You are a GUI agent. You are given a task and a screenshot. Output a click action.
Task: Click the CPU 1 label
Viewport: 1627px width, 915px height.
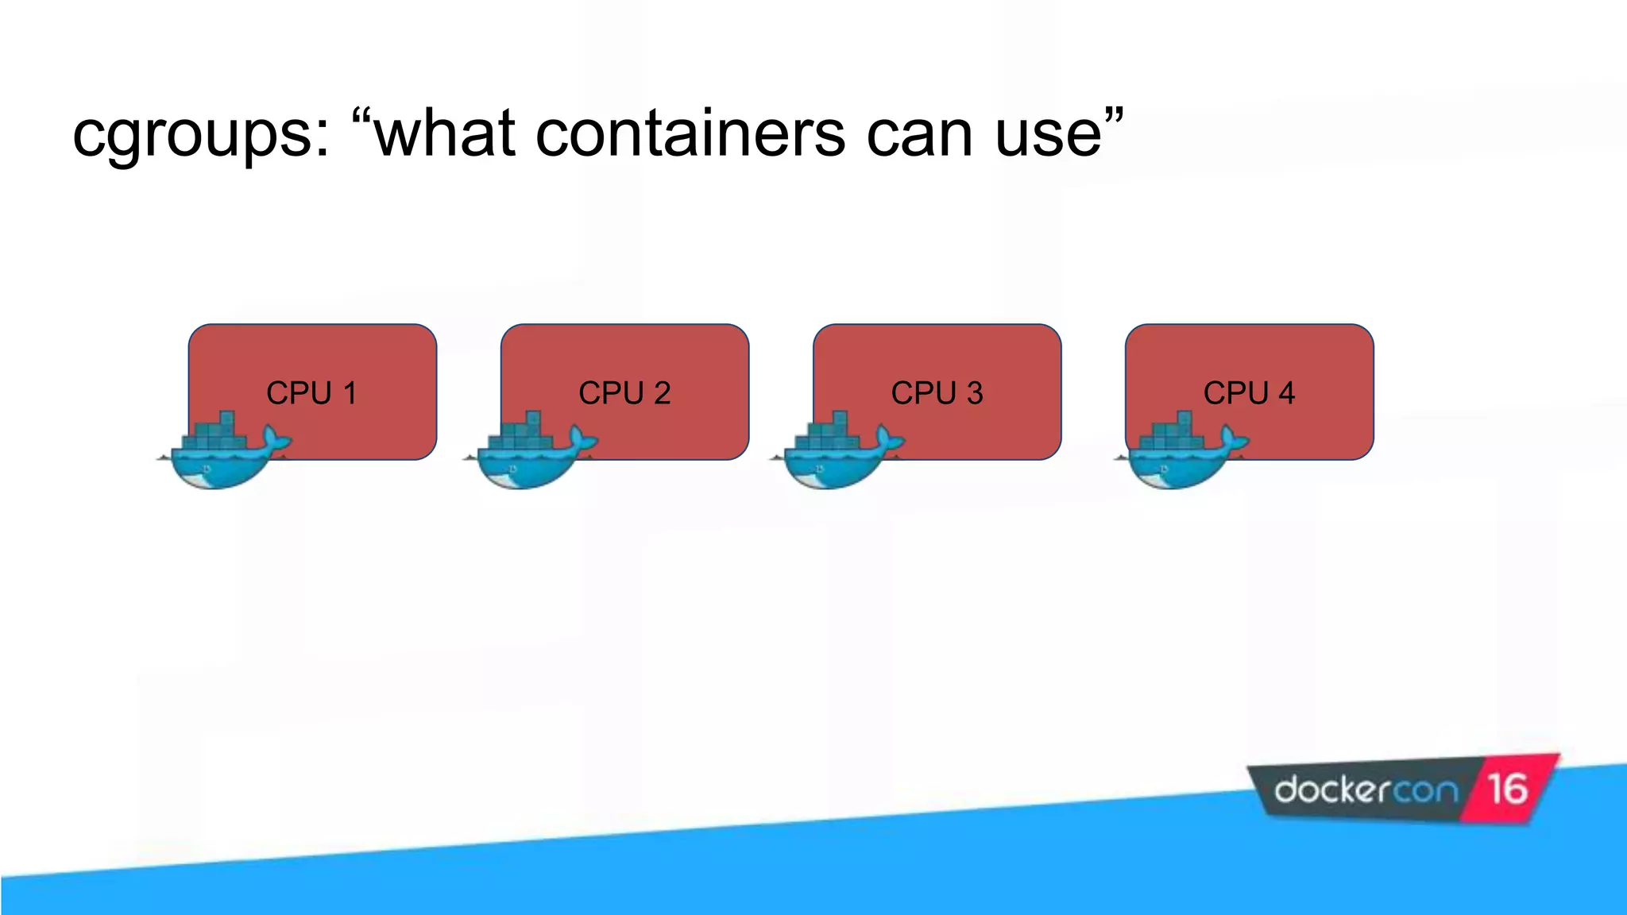point(311,393)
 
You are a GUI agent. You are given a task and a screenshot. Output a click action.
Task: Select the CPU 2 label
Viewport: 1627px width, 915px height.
point(624,393)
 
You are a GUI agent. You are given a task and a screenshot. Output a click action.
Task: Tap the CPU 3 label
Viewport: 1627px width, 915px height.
point(937,393)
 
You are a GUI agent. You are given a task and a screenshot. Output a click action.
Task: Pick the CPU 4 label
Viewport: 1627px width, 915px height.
point(1249,393)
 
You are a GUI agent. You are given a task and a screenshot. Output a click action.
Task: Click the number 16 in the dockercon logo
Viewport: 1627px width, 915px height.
point(1507,790)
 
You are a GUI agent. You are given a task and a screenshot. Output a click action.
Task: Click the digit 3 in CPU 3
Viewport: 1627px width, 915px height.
point(975,393)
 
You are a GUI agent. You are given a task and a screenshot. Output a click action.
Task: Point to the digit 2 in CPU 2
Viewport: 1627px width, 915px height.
point(662,393)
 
